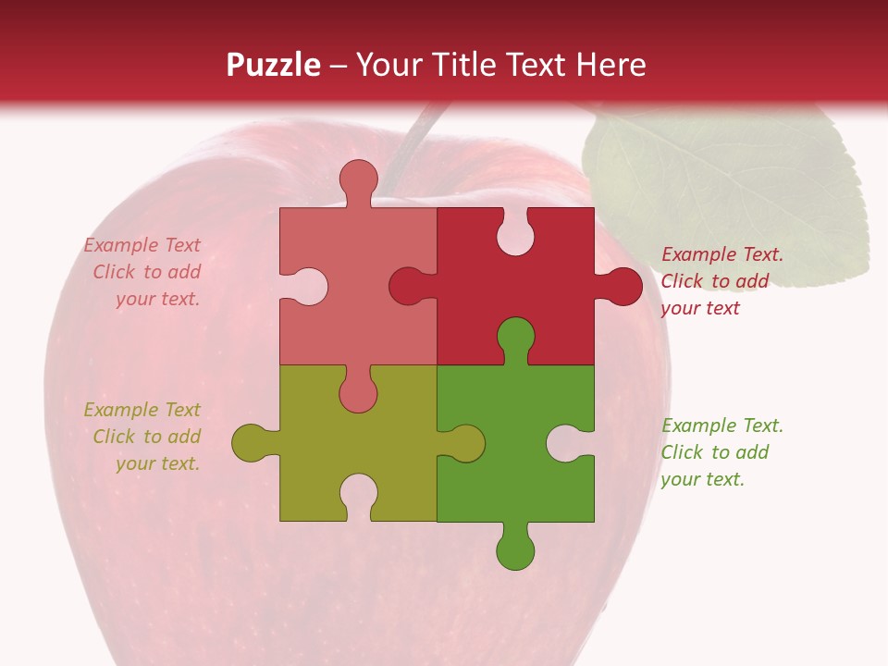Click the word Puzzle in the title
(274, 65)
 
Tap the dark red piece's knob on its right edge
(623, 287)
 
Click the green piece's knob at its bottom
(515, 551)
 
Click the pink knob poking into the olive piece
(358, 393)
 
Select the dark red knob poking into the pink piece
(407, 287)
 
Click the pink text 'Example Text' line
(142, 245)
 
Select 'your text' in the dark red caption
(700, 308)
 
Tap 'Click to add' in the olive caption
(146, 437)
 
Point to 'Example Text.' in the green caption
(721, 425)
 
